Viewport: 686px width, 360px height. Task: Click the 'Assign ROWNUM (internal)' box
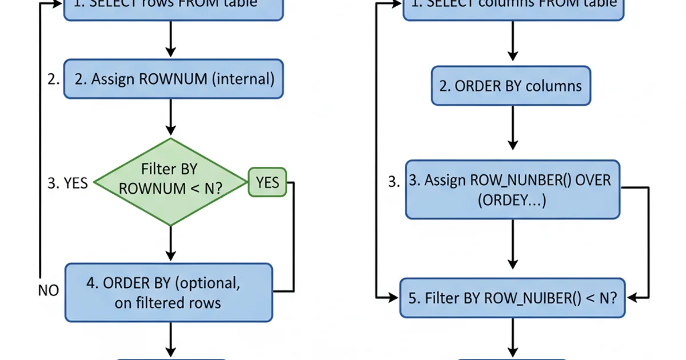point(173,79)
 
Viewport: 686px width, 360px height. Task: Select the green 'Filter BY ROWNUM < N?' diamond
point(170,182)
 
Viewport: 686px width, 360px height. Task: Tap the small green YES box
point(267,182)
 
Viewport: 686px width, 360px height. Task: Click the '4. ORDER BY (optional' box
point(169,293)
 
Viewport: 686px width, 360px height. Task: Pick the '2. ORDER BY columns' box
point(511,86)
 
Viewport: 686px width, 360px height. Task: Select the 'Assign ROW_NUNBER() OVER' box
point(512,189)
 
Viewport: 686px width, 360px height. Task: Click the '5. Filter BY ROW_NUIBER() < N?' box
point(512,298)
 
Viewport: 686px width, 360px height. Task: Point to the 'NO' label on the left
point(49,290)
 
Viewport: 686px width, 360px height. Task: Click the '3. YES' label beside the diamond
point(67,182)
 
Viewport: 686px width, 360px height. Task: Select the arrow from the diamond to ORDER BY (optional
point(170,244)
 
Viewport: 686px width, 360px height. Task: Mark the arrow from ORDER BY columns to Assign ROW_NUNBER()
point(512,133)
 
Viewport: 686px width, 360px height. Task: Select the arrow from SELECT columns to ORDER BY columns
point(512,43)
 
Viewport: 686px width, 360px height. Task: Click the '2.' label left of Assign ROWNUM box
point(54,79)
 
